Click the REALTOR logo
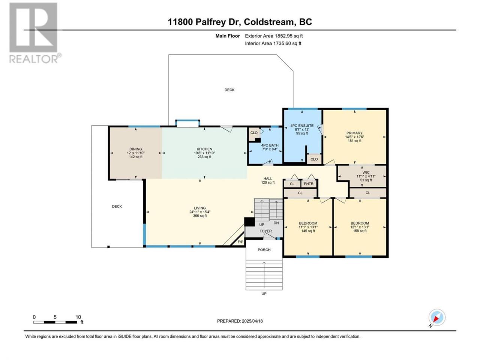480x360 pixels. (35, 33)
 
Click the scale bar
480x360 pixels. (55, 322)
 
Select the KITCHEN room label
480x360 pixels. (204, 149)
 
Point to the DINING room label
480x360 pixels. (136, 149)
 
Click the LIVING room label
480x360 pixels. (199, 208)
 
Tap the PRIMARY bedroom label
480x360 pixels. (354, 133)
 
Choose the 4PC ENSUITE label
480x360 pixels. (302, 126)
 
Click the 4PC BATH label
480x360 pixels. (270, 145)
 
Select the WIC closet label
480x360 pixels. (366, 172)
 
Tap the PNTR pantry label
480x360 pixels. (309, 184)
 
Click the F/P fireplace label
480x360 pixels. (240, 242)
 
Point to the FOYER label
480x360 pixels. (265, 231)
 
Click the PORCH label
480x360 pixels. (264, 250)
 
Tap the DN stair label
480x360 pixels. (276, 223)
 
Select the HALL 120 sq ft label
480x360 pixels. (268, 180)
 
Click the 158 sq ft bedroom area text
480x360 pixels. (360, 231)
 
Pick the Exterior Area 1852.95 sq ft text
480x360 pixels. (274, 36)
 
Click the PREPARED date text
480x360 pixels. (240, 321)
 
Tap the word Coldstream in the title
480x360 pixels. (268, 22)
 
